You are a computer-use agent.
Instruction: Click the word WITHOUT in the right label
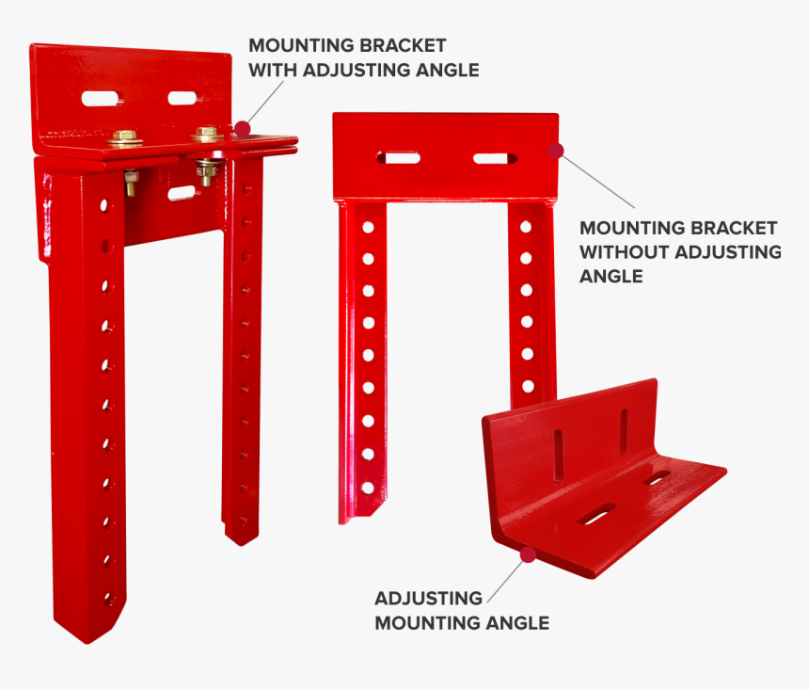point(625,252)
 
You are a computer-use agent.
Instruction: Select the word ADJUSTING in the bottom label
point(428,598)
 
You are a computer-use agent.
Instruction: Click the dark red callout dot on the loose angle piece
point(528,554)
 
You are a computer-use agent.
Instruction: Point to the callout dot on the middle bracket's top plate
point(556,151)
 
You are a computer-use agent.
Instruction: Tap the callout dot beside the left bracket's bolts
point(242,129)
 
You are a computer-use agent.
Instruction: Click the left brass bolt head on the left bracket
point(124,136)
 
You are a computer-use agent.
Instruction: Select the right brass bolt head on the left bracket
point(207,134)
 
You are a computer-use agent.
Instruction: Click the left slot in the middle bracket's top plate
point(398,157)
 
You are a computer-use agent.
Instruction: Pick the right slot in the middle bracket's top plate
point(495,158)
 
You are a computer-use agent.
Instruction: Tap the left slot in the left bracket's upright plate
point(100,98)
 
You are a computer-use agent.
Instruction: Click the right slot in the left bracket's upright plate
point(182,98)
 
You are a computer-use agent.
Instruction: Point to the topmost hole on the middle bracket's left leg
point(368,227)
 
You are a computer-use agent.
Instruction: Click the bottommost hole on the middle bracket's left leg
point(368,488)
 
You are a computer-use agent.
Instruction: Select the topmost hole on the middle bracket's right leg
point(526,226)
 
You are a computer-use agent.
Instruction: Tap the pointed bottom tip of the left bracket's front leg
point(87,644)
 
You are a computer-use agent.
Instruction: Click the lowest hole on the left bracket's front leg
point(109,600)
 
